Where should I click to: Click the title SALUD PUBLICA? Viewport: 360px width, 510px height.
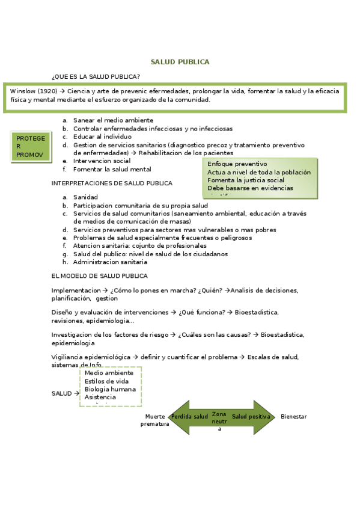[x=180, y=62]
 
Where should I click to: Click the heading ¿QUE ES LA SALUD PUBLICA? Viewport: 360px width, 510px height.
[x=96, y=76]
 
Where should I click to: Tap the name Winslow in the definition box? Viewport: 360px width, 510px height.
[x=23, y=91]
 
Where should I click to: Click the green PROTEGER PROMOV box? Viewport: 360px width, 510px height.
[x=30, y=146]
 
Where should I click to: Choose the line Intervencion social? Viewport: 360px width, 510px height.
[x=102, y=161]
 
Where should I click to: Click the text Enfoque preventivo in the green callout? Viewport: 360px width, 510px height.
[x=237, y=164]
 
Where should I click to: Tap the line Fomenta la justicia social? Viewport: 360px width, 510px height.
[x=246, y=180]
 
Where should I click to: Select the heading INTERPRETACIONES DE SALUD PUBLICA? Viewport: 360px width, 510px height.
[x=112, y=183]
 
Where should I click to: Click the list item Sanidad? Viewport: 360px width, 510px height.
[x=85, y=197]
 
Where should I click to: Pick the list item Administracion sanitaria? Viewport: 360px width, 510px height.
[x=110, y=262]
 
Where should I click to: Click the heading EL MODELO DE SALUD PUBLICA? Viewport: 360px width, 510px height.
[x=99, y=276]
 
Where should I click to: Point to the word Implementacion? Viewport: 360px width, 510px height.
[x=76, y=290]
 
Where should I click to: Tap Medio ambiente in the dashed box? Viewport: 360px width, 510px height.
[x=109, y=373]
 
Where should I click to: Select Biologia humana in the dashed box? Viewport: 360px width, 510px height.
[x=110, y=389]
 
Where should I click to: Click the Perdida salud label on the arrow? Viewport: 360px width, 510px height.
[x=189, y=416]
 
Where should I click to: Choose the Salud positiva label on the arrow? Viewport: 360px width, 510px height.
[x=251, y=416]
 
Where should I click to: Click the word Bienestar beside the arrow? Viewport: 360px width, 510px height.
[x=294, y=416]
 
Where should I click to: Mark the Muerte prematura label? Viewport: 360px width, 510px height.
[x=154, y=420]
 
